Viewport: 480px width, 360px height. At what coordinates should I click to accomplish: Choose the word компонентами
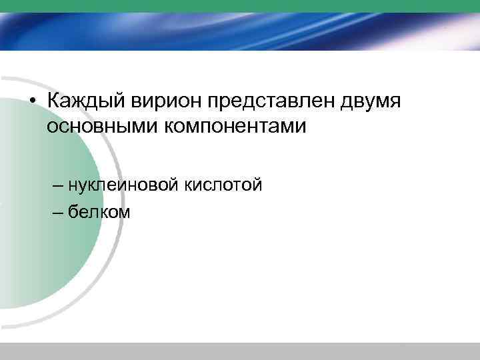point(235,125)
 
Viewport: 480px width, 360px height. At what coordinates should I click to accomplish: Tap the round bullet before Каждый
point(32,102)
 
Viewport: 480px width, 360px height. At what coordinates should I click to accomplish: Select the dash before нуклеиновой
point(55,184)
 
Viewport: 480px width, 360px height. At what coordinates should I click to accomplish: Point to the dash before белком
point(55,213)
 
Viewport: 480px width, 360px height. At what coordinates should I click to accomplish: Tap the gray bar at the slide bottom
point(240,351)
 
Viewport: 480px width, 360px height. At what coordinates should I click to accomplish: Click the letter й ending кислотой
point(257,182)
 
